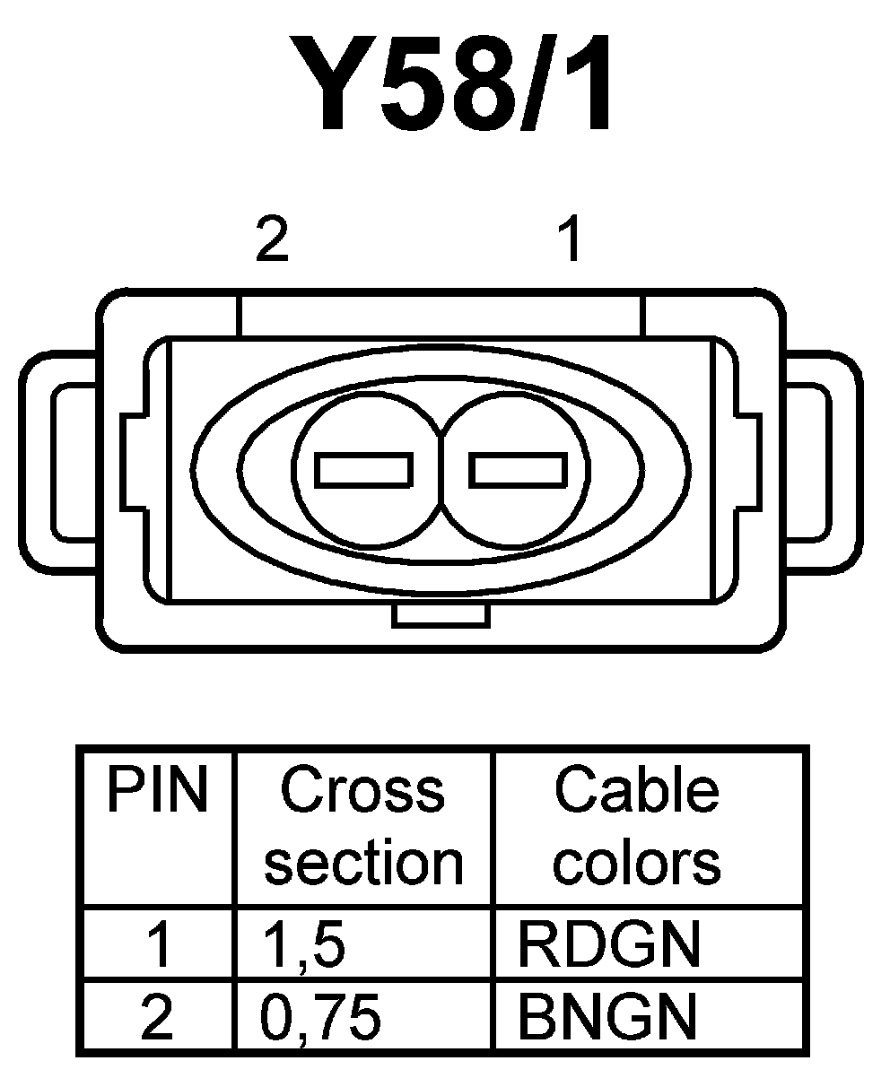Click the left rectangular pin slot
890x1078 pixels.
365,469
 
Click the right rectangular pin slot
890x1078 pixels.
519,469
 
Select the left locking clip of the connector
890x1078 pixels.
58,461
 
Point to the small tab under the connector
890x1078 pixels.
441,616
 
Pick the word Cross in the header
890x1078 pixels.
363,791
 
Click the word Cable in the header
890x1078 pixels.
636,791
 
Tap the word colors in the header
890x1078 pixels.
636,863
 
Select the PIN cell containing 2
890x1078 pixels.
159,1017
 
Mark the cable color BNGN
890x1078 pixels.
607,1017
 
